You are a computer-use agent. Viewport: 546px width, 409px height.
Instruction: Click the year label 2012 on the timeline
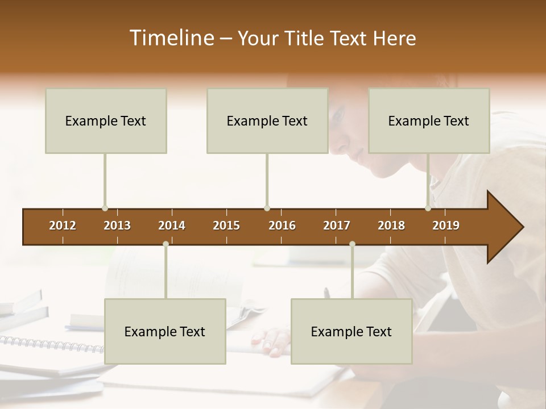click(x=63, y=226)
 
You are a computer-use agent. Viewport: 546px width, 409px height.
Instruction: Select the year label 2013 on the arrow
click(x=117, y=226)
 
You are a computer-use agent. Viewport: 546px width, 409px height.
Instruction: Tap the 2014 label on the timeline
click(x=172, y=226)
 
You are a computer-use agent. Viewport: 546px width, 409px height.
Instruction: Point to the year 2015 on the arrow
click(x=226, y=226)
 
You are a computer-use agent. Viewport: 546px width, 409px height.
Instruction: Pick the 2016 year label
click(x=282, y=226)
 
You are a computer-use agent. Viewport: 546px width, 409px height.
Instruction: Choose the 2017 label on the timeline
click(x=337, y=226)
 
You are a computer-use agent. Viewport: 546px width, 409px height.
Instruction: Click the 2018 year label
click(x=391, y=226)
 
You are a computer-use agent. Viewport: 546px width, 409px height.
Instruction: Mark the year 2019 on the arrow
click(x=446, y=226)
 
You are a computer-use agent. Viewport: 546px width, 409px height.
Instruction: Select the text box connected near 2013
click(x=106, y=121)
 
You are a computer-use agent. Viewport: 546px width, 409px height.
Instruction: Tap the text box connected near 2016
click(x=267, y=121)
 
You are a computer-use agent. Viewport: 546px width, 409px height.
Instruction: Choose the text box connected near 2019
click(x=429, y=121)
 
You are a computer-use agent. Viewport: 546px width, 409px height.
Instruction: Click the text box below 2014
click(x=165, y=331)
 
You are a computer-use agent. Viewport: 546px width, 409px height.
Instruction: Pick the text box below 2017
click(x=351, y=331)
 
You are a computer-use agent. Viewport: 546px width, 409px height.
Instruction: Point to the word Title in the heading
click(x=306, y=38)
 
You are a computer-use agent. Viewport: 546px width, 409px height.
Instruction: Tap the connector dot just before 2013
click(x=105, y=208)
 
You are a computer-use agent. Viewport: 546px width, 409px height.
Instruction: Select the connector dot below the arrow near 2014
click(x=166, y=244)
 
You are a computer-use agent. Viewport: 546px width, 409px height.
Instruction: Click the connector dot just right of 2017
click(x=352, y=244)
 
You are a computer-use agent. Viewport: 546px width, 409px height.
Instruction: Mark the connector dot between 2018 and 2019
click(x=428, y=208)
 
